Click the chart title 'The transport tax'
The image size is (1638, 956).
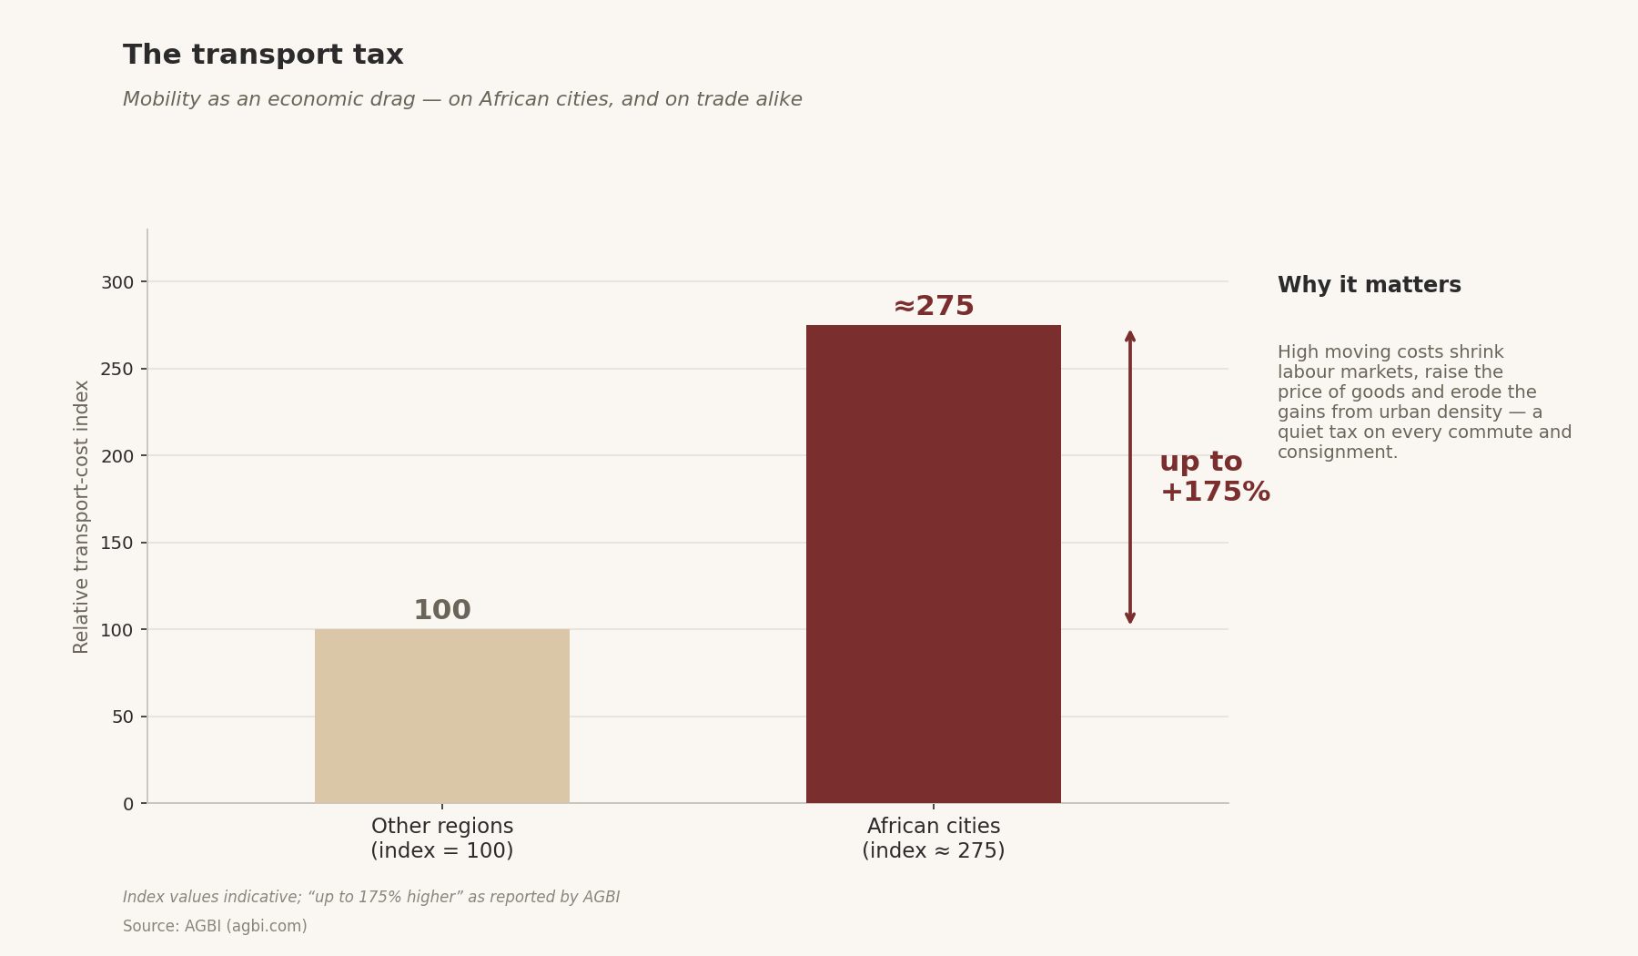[263, 56]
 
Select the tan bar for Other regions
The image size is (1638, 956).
[442, 716]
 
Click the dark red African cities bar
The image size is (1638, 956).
[934, 564]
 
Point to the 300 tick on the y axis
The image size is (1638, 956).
[117, 282]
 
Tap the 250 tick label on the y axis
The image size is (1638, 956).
[117, 369]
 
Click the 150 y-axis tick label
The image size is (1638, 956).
[117, 543]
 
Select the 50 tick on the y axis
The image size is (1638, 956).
[123, 717]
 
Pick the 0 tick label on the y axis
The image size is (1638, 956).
[128, 804]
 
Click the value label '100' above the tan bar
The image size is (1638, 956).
[442, 610]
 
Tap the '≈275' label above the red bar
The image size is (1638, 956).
[934, 306]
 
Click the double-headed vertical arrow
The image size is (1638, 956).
[1130, 477]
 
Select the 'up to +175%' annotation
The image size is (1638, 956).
[1215, 477]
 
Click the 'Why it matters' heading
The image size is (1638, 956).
[1370, 285]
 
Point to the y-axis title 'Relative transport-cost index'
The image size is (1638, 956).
[82, 516]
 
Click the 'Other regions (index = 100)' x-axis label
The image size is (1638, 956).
[442, 839]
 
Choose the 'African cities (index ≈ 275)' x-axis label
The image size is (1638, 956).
[934, 839]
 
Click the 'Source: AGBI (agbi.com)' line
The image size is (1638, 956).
[215, 927]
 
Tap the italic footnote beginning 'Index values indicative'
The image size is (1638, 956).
[371, 898]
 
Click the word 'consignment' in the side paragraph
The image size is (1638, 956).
[1335, 453]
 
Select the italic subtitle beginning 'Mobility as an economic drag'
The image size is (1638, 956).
[462, 100]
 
